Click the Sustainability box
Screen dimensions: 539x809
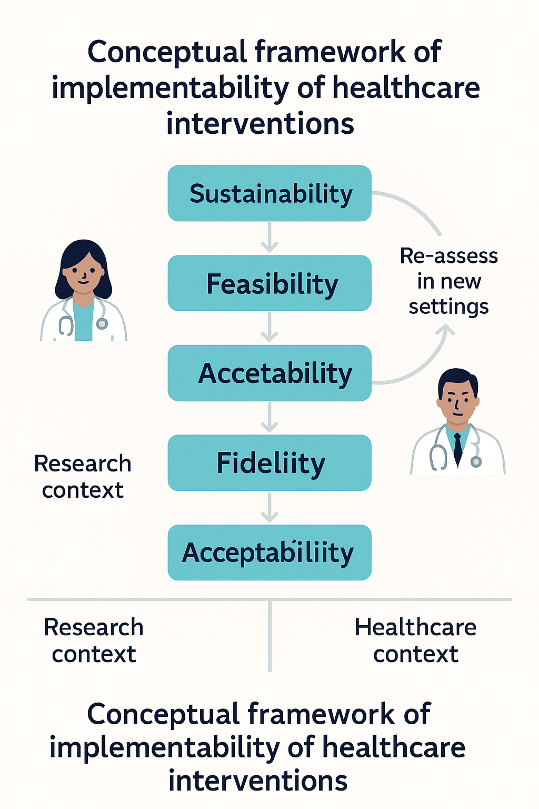tap(269, 193)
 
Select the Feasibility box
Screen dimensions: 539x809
tap(269, 283)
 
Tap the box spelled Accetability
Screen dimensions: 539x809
tap(269, 373)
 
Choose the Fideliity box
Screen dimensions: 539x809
tap(269, 463)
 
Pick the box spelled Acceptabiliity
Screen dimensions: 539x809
tap(269, 553)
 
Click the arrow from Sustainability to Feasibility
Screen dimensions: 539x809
tap(269, 238)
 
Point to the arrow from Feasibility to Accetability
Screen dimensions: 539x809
tap(269, 328)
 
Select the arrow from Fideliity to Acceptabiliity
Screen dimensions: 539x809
tap(269, 508)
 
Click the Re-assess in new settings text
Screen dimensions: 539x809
tap(448, 281)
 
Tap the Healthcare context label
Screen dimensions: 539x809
tap(415, 640)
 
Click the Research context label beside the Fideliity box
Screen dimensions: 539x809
tap(83, 476)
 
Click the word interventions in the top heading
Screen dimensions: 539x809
tap(260, 124)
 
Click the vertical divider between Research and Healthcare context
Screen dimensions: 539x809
tap(269, 636)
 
